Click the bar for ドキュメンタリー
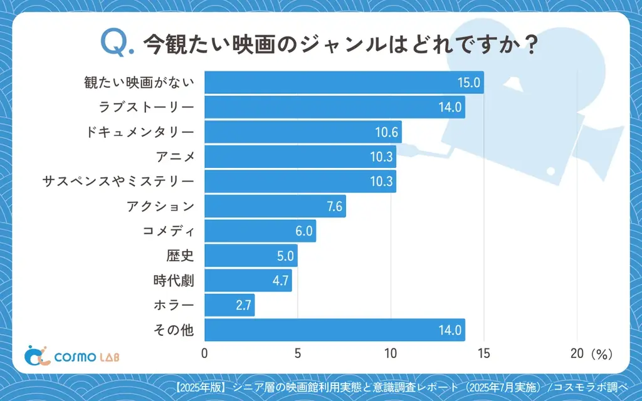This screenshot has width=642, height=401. [x=303, y=132]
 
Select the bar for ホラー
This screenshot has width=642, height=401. [x=229, y=305]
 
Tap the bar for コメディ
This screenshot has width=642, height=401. [x=260, y=231]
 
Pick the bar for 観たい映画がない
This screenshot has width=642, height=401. [x=344, y=83]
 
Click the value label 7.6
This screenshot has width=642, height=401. [x=335, y=206]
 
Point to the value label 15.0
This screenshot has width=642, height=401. [x=468, y=83]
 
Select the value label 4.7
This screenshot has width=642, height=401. [x=280, y=281]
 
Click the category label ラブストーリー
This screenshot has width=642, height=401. [x=147, y=107]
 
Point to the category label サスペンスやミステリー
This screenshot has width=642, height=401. [x=118, y=182]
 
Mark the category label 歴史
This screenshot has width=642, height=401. [x=181, y=256]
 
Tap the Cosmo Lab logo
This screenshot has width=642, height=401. [x=71, y=355]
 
